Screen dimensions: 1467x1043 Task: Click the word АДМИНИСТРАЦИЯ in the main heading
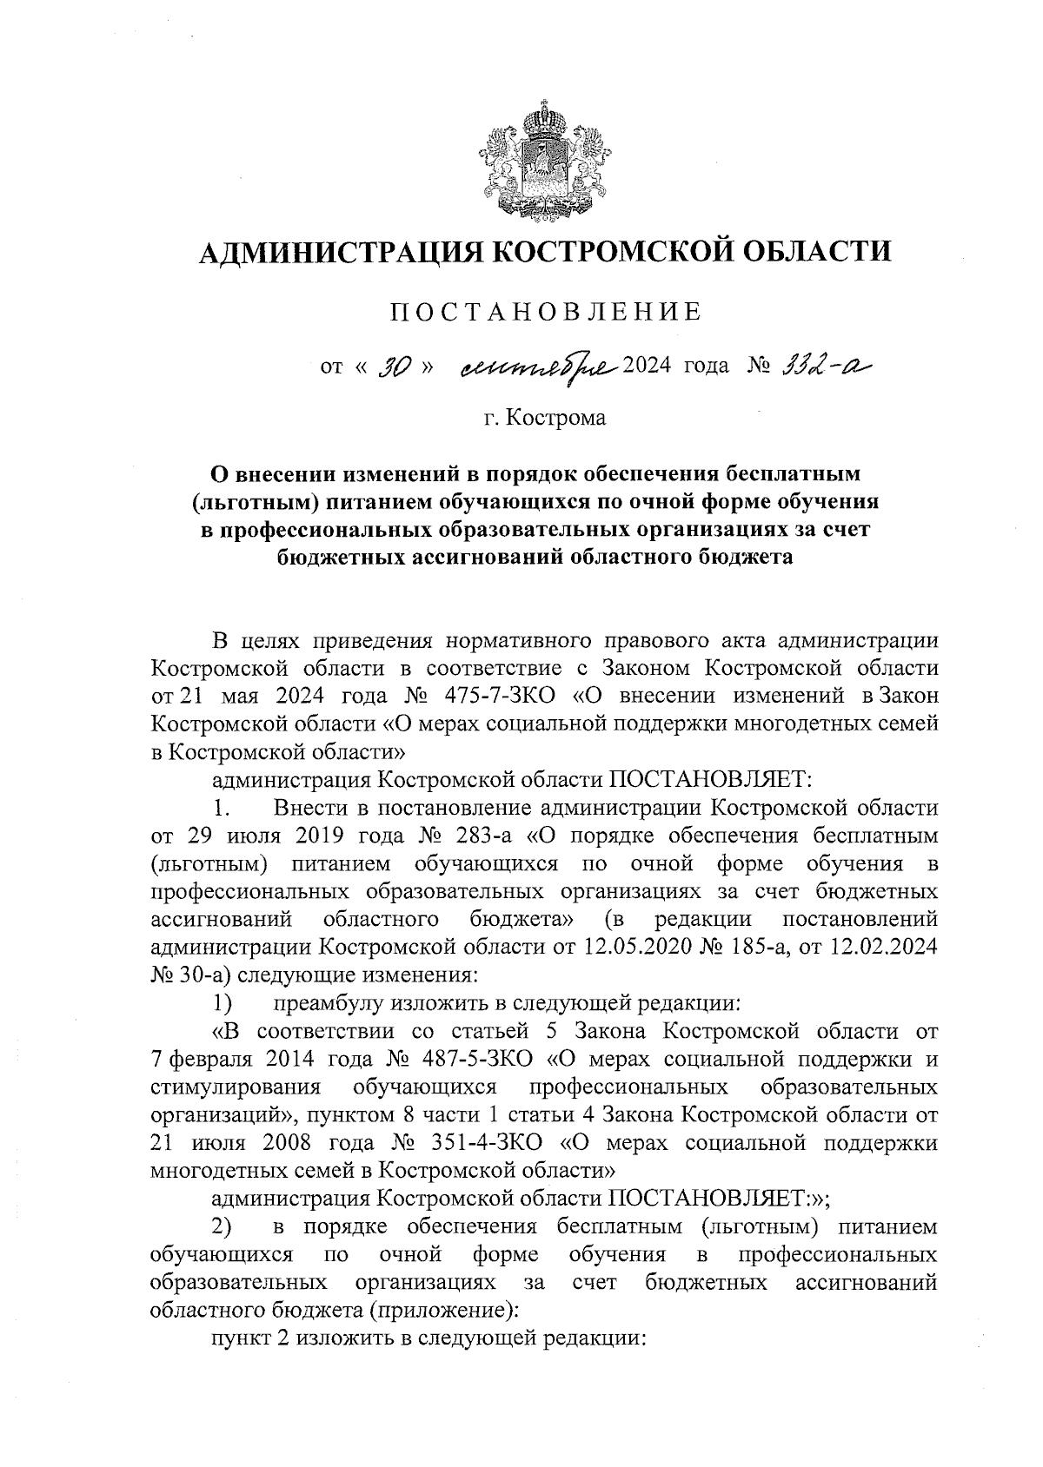click(339, 253)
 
